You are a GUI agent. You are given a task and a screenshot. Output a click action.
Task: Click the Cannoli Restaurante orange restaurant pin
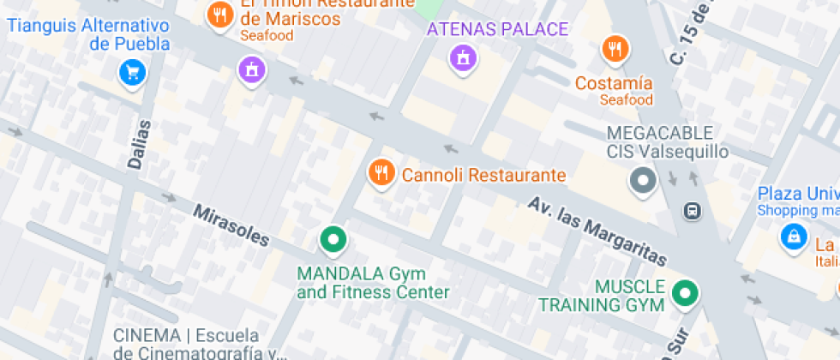tap(381, 172)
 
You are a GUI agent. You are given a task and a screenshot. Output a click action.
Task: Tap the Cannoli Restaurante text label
tap(483, 176)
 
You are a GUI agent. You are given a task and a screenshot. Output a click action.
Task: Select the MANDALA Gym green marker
tap(333, 239)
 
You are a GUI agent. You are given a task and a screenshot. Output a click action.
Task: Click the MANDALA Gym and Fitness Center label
tap(372, 283)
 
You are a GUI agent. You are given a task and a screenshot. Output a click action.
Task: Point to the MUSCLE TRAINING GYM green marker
tap(684, 293)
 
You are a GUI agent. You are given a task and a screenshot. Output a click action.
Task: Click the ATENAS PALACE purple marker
tap(463, 57)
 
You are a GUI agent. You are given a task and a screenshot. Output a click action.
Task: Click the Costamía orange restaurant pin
tap(614, 49)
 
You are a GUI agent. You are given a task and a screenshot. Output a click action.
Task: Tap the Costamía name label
tap(614, 83)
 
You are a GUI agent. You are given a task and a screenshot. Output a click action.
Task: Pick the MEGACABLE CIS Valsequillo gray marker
tap(642, 181)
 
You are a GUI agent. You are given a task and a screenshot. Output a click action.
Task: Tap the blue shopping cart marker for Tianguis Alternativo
tap(132, 71)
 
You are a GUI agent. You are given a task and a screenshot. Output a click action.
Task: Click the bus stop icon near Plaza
tap(692, 210)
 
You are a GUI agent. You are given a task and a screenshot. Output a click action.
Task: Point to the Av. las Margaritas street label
tap(597, 231)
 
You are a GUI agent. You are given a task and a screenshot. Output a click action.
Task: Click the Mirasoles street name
tap(231, 225)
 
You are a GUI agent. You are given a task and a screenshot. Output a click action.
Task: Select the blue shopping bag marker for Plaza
tap(794, 237)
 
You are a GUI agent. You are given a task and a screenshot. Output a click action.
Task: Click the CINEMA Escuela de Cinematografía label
tap(199, 344)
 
